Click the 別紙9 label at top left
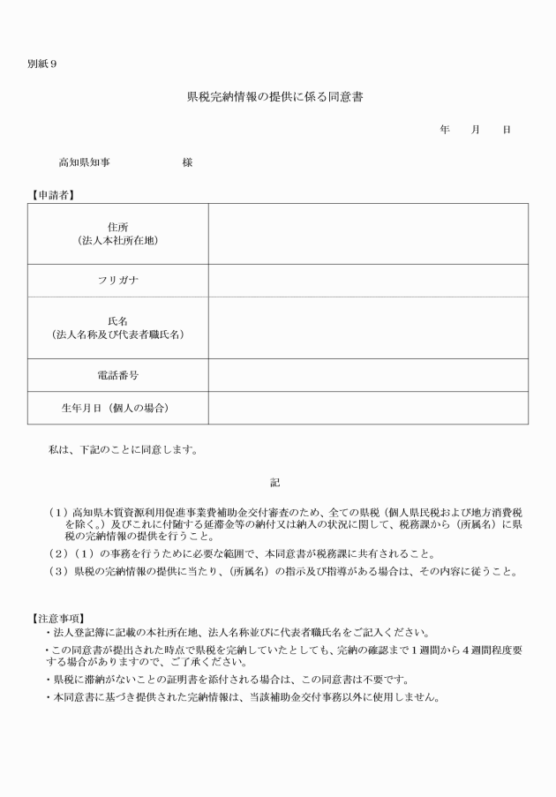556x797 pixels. (x=42, y=64)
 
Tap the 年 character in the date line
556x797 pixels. (x=445, y=130)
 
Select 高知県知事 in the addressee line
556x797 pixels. (x=84, y=162)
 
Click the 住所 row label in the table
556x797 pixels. (x=117, y=227)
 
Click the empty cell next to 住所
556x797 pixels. (x=368, y=234)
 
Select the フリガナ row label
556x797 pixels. (x=117, y=281)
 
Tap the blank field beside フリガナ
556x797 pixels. (x=368, y=281)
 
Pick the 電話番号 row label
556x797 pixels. (x=117, y=375)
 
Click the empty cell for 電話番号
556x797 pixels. (x=368, y=375)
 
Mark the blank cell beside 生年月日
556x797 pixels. (x=368, y=408)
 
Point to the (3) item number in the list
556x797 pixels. (x=59, y=570)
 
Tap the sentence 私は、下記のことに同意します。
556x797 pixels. (x=123, y=449)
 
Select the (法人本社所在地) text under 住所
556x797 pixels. (x=117, y=240)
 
